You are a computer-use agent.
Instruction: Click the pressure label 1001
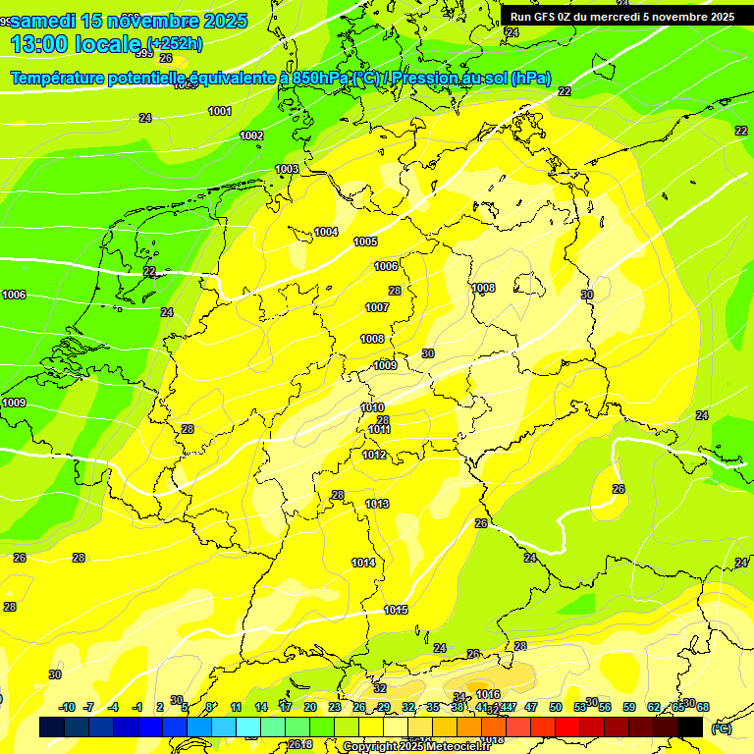pos(220,111)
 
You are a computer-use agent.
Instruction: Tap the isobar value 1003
pos(287,170)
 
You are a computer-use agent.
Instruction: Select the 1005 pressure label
pos(365,242)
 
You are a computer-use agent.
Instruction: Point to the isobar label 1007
pos(377,307)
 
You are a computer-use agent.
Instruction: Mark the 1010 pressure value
pos(372,407)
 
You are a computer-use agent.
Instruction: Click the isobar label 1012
pos(374,455)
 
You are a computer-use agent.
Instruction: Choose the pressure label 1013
pos(377,504)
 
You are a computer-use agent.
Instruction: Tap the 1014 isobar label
pos(363,563)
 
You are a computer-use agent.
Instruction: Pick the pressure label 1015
pos(396,610)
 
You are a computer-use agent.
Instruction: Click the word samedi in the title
pos(50,21)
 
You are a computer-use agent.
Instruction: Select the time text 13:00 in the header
pos(41,43)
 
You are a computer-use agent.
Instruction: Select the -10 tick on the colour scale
pos(68,707)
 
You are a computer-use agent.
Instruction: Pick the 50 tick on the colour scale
pos(556,707)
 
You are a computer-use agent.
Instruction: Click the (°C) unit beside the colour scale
pos(721,727)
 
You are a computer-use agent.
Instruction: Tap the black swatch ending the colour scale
pos(690,727)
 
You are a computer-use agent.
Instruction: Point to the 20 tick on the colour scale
pos(309,707)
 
